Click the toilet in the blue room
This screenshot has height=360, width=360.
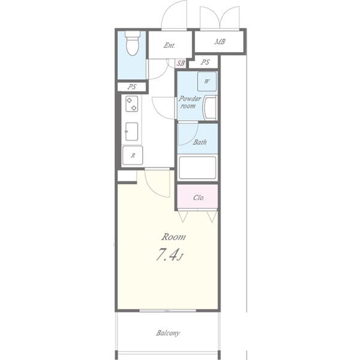(x=133, y=44)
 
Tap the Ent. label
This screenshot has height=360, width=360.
(x=169, y=46)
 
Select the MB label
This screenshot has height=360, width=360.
(x=220, y=42)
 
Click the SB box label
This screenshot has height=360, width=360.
(x=181, y=63)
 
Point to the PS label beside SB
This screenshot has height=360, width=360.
(x=205, y=62)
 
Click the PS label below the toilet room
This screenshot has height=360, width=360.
(x=132, y=86)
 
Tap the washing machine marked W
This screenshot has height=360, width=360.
(x=207, y=81)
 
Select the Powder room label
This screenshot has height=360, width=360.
(x=190, y=102)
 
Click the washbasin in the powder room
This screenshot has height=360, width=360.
(x=210, y=108)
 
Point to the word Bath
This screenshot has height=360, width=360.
(x=200, y=142)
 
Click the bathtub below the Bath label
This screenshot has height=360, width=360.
(x=197, y=167)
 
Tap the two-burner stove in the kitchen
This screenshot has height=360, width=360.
(x=132, y=104)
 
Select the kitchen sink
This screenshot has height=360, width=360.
(x=132, y=131)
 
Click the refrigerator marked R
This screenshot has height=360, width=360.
(x=133, y=155)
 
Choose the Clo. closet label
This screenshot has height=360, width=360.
(x=199, y=197)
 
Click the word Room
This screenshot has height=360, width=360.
(x=173, y=237)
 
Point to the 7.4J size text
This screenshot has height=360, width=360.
(x=169, y=255)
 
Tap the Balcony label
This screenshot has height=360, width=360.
(x=168, y=333)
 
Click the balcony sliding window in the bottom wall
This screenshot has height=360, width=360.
(x=168, y=311)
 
